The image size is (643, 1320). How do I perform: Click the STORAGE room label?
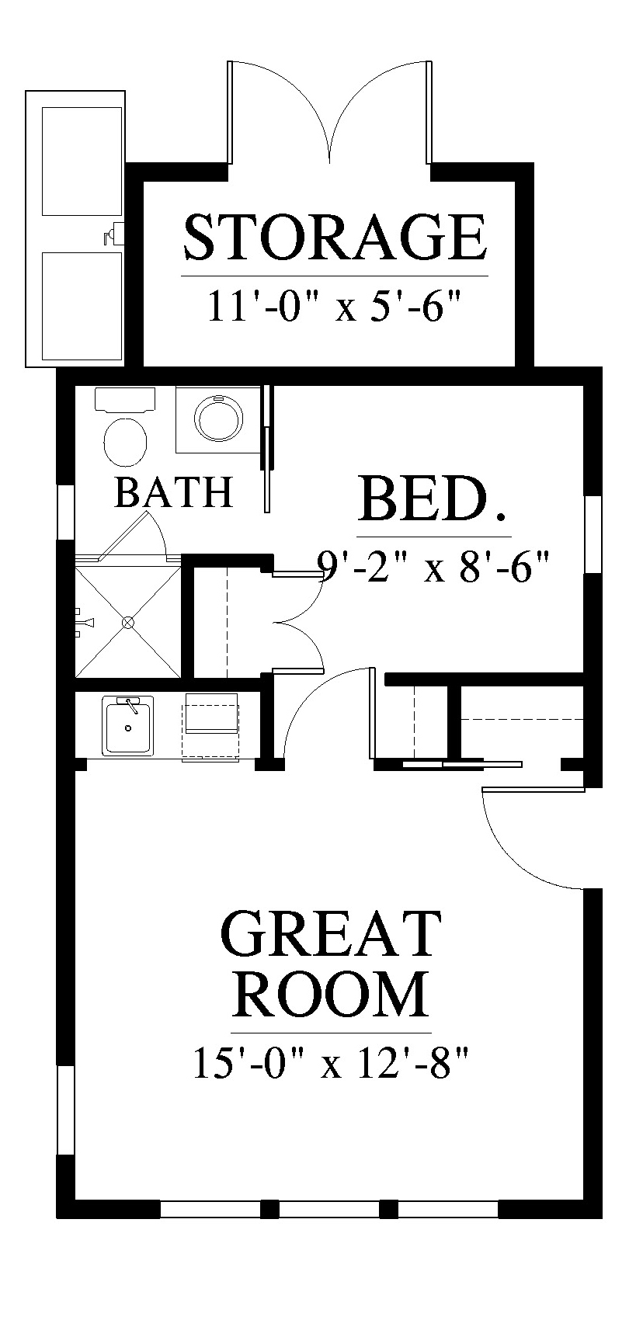click(x=335, y=238)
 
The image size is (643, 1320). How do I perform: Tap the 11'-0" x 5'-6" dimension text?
click(x=334, y=307)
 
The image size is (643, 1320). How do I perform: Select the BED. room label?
click(x=433, y=500)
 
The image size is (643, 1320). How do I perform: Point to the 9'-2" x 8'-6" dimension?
click(x=433, y=566)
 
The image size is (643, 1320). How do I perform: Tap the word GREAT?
click(x=331, y=935)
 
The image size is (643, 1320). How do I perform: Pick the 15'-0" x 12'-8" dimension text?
click(x=331, y=1065)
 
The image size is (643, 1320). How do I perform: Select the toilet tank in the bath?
click(x=125, y=400)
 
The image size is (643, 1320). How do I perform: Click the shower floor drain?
click(x=128, y=622)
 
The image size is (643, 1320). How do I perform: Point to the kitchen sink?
click(x=128, y=725)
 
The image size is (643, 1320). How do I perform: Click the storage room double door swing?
click(x=330, y=111)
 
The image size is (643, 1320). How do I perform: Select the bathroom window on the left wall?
click(x=66, y=512)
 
